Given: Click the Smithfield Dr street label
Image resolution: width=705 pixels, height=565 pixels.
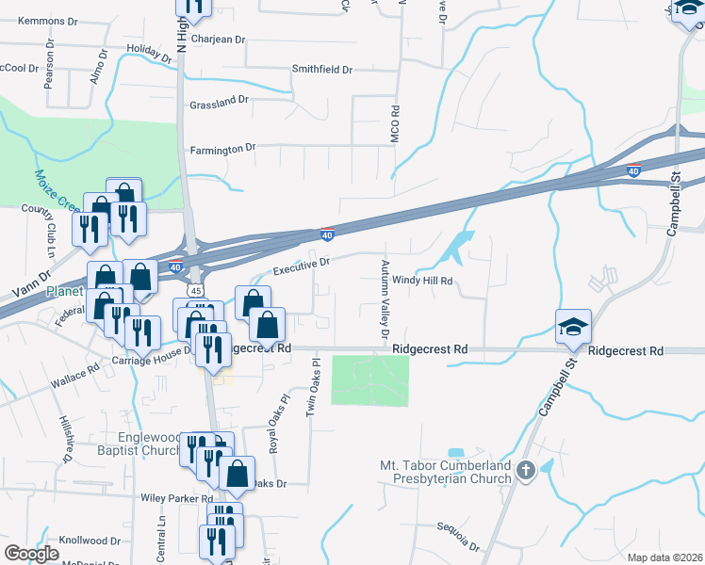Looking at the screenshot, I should [x=321, y=70].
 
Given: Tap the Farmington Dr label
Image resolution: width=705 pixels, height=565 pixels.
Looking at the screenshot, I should [x=223, y=149].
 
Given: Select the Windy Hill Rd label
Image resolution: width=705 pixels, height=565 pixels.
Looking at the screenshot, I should [x=423, y=280].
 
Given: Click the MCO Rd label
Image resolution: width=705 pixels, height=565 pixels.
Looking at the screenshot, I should [x=396, y=124].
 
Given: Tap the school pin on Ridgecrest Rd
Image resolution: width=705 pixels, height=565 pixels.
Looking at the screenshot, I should [x=572, y=327].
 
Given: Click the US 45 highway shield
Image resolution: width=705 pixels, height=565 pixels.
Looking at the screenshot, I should [x=193, y=292].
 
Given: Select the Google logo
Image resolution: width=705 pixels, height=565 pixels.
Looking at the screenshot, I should [x=31, y=554].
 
